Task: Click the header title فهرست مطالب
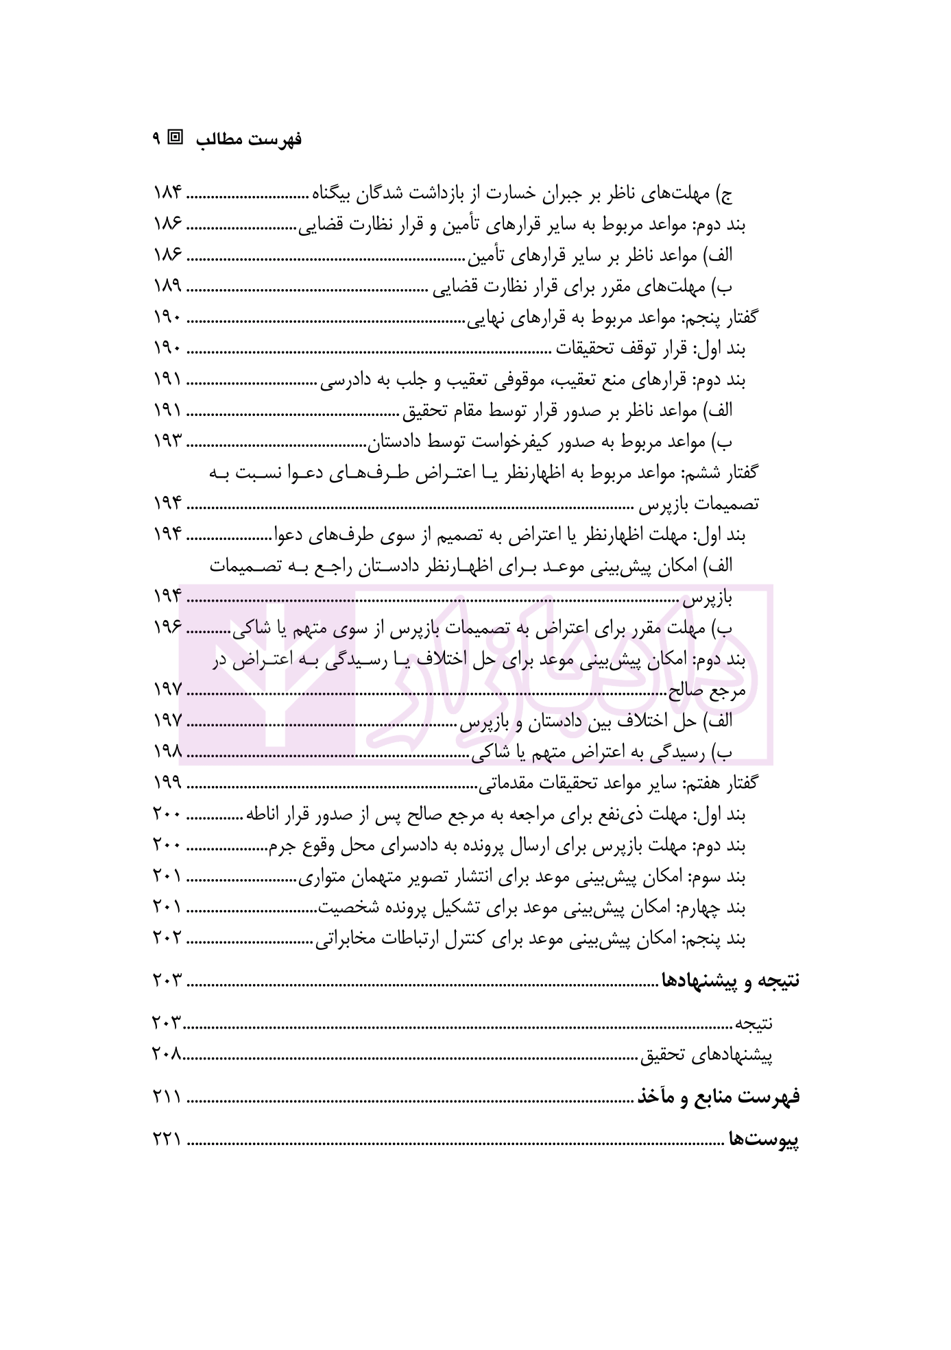tap(249, 140)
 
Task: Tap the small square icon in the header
tap(176, 137)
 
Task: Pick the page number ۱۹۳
tap(167, 442)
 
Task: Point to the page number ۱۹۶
tap(167, 627)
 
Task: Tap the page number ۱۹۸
tap(167, 752)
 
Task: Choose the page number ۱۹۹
tap(167, 783)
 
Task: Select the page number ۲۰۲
tap(167, 939)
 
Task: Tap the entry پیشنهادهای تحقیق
tap(707, 1055)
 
